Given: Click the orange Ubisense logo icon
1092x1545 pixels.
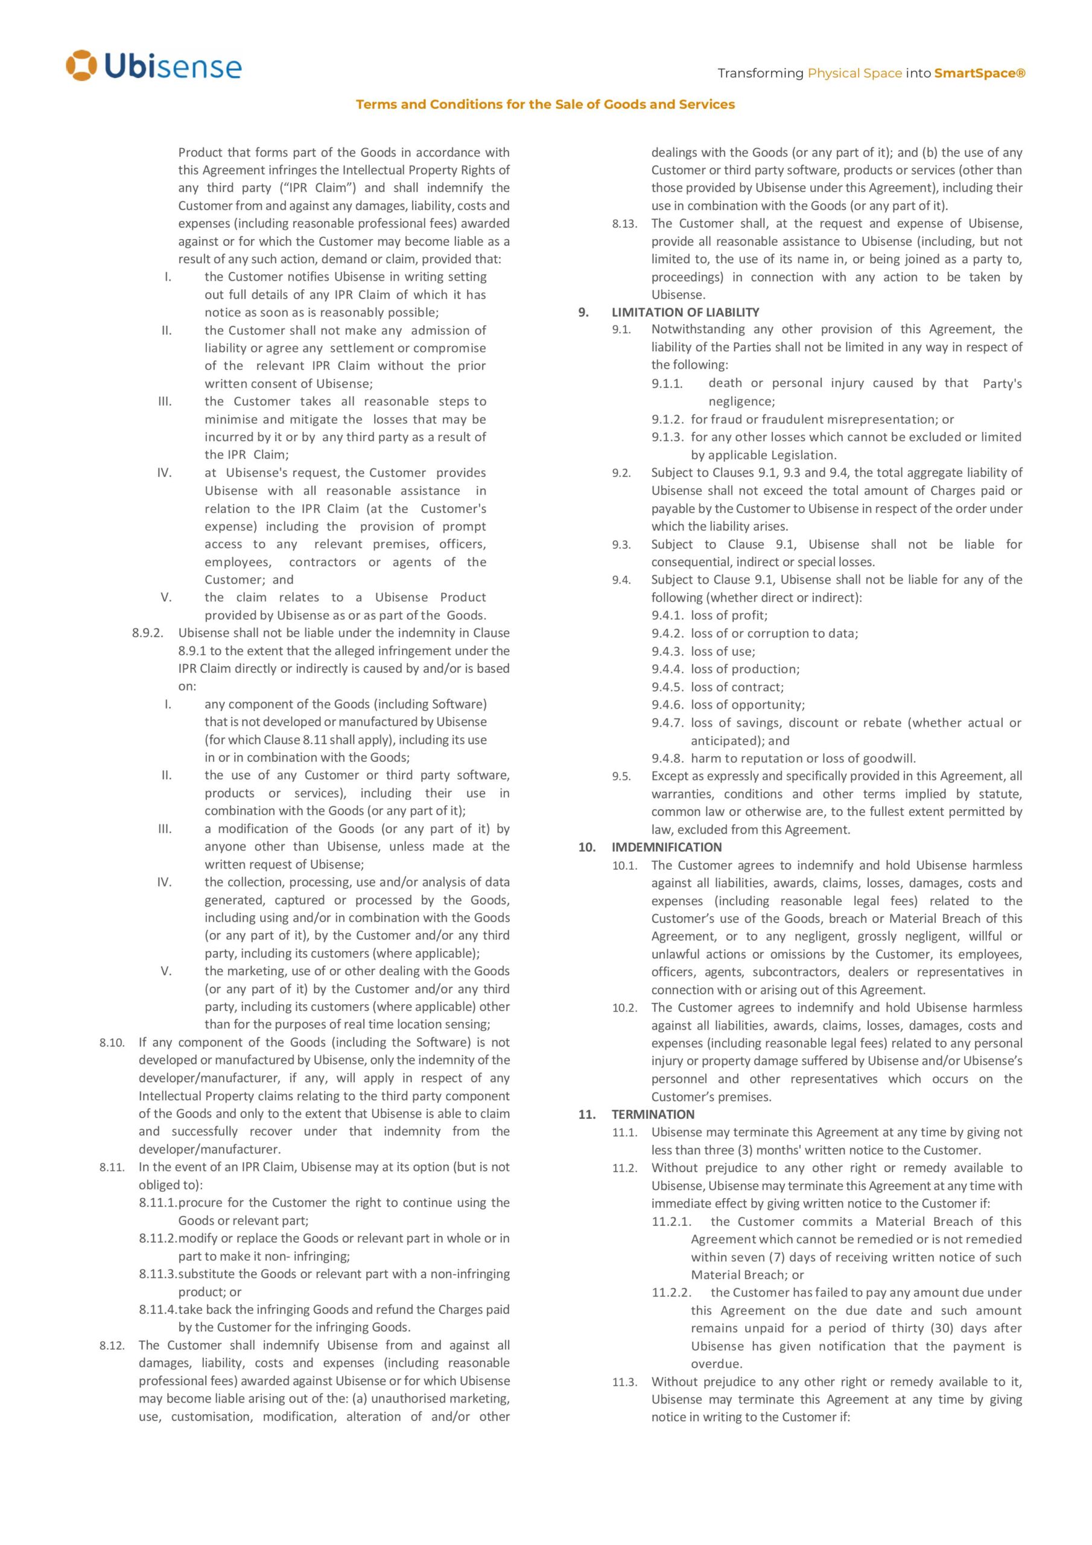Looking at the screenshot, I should tap(81, 65).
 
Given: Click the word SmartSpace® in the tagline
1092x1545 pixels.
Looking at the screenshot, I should tap(979, 74).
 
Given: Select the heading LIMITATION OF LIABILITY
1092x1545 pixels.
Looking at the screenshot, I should tap(685, 312).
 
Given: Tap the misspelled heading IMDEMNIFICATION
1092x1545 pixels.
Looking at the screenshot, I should tap(666, 847).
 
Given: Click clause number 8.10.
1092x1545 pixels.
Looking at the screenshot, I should tap(112, 1043).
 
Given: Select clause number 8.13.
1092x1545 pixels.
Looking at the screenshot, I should tap(624, 224).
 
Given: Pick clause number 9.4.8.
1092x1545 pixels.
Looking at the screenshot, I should tap(667, 759).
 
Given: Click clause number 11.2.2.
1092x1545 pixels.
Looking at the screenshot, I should tap(671, 1293).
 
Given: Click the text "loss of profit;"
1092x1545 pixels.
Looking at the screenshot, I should tap(729, 615).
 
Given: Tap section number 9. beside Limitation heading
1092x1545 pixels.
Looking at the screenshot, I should tap(583, 312).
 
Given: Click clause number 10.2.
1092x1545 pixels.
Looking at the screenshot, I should tap(624, 1008).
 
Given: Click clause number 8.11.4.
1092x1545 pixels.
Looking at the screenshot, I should tap(157, 1310).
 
